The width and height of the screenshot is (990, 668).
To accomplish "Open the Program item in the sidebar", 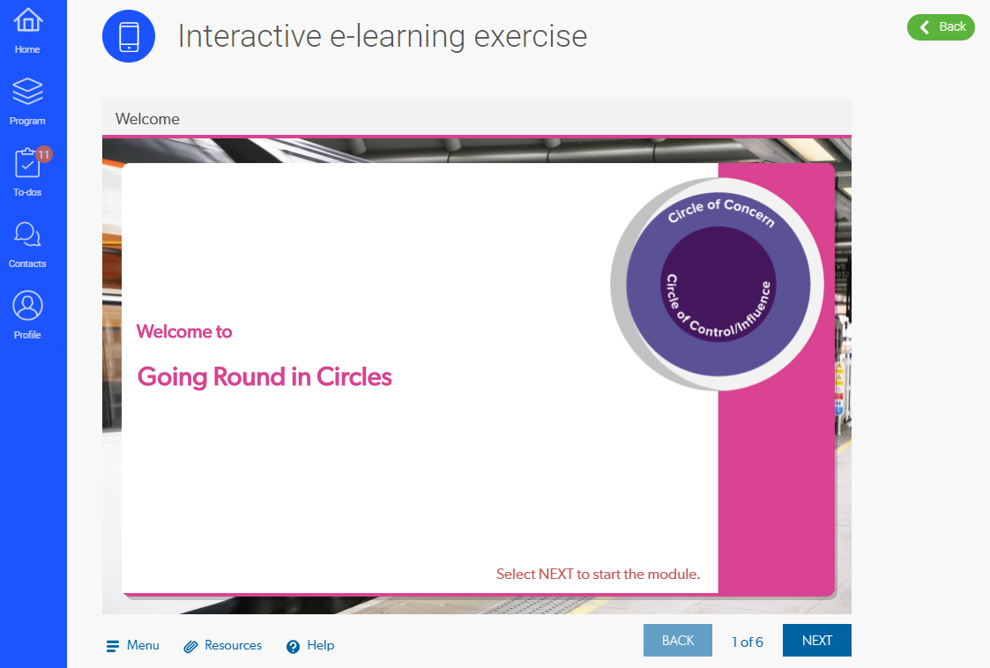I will coord(27,92).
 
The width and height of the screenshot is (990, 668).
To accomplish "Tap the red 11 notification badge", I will coord(44,154).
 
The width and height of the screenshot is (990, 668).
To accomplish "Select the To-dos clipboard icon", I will coord(27,165).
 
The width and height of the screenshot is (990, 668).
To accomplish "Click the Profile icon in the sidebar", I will coord(27,306).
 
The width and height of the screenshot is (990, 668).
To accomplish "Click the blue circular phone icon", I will coord(129,37).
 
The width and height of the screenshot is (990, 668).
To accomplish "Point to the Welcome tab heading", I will coord(147,119).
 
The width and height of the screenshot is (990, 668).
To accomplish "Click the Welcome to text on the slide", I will coord(184,332).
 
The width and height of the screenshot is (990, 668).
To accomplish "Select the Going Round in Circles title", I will coord(264,377).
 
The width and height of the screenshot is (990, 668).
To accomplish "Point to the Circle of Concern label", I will coord(721,209).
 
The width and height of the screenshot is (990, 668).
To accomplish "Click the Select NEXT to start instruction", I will coord(598,575).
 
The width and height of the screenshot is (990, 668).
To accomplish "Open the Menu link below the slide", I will coord(133,646).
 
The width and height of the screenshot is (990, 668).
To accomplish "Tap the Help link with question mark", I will coord(310,646).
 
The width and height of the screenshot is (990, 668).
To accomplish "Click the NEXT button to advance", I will coord(816,641).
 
